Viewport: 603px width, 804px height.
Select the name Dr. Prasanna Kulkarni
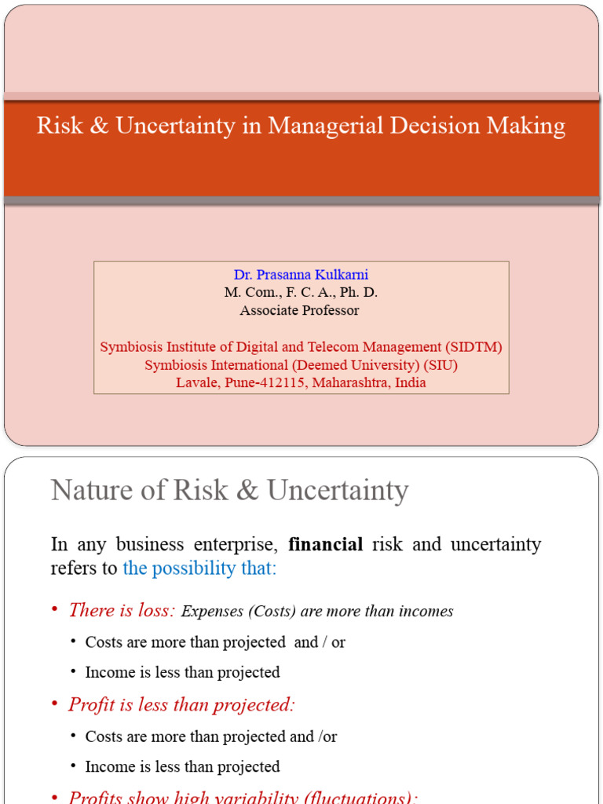tap(301, 275)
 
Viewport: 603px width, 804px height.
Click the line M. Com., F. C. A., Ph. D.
tap(301, 292)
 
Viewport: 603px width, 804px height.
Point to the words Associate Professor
tap(299, 310)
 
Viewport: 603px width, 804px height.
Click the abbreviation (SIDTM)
tap(473, 346)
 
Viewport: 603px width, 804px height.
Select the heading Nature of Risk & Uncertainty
tap(229, 491)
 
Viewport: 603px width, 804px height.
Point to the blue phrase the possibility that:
tap(199, 568)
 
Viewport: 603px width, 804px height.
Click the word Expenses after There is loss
tap(212, 611)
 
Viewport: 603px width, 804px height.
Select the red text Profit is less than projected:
tap(181, 704)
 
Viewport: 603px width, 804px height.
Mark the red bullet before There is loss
tap(55, 610)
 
